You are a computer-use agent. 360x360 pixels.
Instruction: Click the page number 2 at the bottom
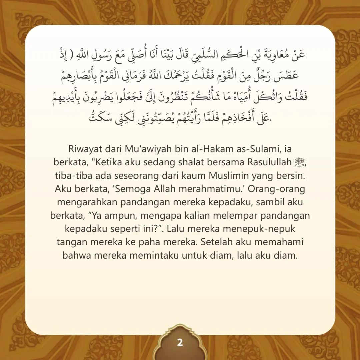point(180,343)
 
